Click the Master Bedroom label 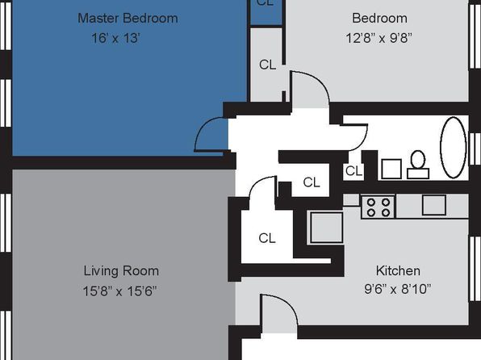pyautogui.click(x=128, y=18)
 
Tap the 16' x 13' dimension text pyautogui.click(x=116, y=39)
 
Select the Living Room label pyautogui.click(x=121, y=271)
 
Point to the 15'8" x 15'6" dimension pyautogui.click(x=119, y=291)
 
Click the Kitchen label pyautogui.click(x=398, y=270)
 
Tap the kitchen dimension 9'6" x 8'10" pyautogui.click(x=398, y=289)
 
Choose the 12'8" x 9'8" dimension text pyautogui.click(x=379, y=39)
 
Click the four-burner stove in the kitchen pyautogui.click(x=379, y=207)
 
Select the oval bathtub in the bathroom pyautogui.click(x=454, y=148)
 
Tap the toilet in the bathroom pyautogui.click(x=418, y=165)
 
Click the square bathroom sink pyautogui.click(x=391, y=169)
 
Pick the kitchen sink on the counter pyautogui.click(x=433, y=205)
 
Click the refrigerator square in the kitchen pyautogui.click(x=326, y=228)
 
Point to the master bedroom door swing pyautogui.click(x=203, y=132)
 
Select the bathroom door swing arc pyautogui.click(x=362, y=138)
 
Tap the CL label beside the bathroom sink pyautogui.click(x=353, y=171)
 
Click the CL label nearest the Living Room pyautogui.click(x=267, y=238)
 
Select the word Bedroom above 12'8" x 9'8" pyautogui.click(x=379, y=18)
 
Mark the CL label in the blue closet pyautogui.click(x=265, y=2)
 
